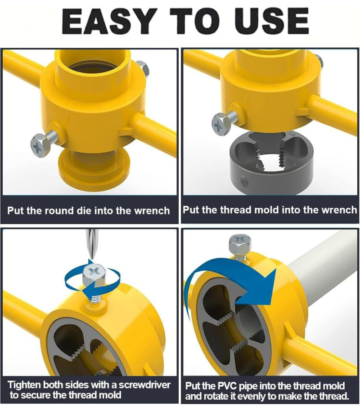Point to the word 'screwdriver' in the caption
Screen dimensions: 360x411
pos(144,385)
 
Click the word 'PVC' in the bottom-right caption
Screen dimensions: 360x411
pos(227,386)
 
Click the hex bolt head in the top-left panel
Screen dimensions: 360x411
pos(39,146)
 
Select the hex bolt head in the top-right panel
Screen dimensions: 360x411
pos(221,124)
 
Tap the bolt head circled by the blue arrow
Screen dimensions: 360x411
pos(94,277)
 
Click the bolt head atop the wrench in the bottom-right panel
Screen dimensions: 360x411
pos(240,244)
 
